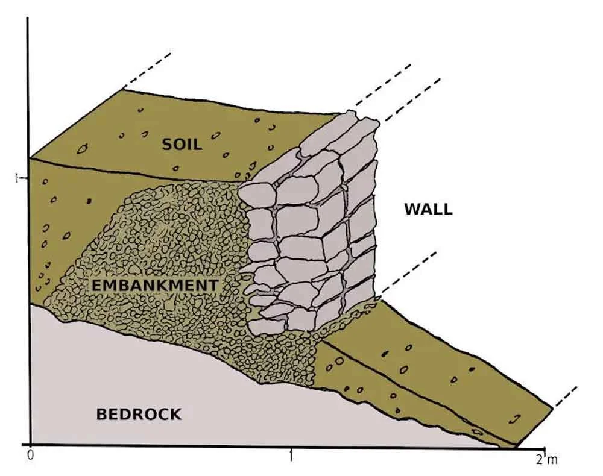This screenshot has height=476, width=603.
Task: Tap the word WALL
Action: [x=428, y=210]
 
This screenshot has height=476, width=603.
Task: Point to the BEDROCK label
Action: [x=139, y=414]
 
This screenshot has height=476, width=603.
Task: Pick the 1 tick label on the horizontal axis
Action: [x=291, y=456]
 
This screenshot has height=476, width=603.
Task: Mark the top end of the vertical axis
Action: [x=28, y=19]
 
